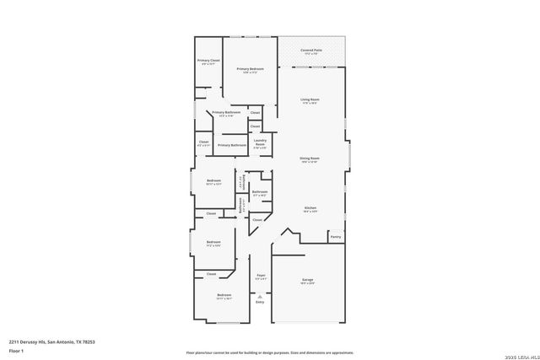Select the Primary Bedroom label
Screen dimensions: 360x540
[x=250, y=70]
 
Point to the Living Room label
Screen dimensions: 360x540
[x=310, y=101]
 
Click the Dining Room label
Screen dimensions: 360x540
[x=310, y=159]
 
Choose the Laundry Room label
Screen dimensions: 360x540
[x=260, y=143]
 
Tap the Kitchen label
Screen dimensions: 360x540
[x=310, y=209]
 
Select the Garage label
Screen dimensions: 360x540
[x=309, y=282]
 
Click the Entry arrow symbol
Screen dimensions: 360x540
[x=260, y=297]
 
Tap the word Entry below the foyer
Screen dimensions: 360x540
[x=260, y=302]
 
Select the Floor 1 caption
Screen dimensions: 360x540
[x=16, y=350]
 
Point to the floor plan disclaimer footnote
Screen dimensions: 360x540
[x=269, y=352]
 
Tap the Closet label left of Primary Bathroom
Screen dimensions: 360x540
[x=203, y=143]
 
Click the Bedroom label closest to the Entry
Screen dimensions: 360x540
[x=224, y=296]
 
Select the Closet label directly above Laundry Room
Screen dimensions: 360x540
[x=255, y=126]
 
